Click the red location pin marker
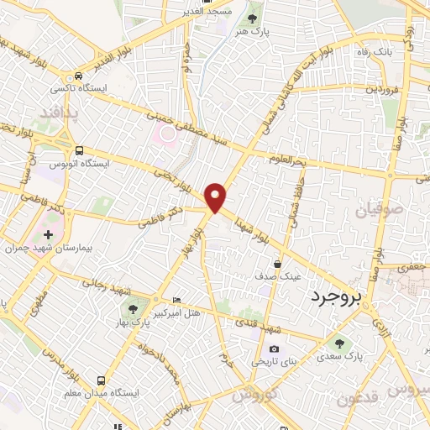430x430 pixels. [x=217, y=197]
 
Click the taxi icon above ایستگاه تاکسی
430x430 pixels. [x=78, y=75]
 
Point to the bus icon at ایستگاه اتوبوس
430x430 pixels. [x=78, y=150]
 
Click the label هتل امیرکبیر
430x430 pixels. [x=200, y=312]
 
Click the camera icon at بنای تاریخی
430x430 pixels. [x=274, y=349]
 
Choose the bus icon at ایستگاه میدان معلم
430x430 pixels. [x=102, y=380]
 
